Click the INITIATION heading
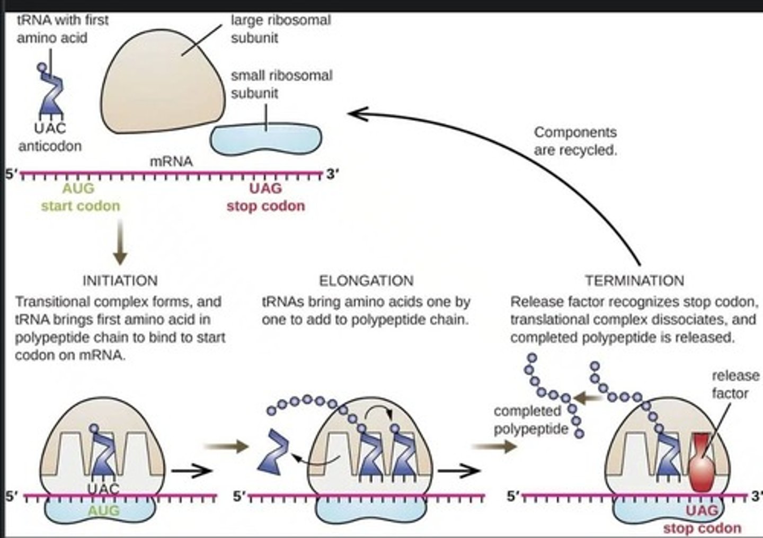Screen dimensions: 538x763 point(120,280)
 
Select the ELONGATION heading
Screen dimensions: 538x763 point(366,280)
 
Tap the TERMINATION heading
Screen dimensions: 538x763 point(634,280)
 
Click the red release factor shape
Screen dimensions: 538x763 point(702,462)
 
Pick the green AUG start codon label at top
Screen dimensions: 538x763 point(78,189)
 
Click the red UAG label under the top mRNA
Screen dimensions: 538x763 point(265,189)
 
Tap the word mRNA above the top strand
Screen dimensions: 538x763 point(171,162)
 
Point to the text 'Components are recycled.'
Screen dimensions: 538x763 point(575,141)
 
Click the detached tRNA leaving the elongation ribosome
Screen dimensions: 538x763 point(274,452)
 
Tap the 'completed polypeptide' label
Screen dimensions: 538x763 point(528,420)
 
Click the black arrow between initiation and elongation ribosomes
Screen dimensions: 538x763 point(191,470)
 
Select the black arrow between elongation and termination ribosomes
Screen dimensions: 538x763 point(459,470)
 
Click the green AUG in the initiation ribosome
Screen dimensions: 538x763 point(103,510)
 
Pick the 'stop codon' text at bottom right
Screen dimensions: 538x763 point(702,528)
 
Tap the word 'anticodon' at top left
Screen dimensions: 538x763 point(50,146)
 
